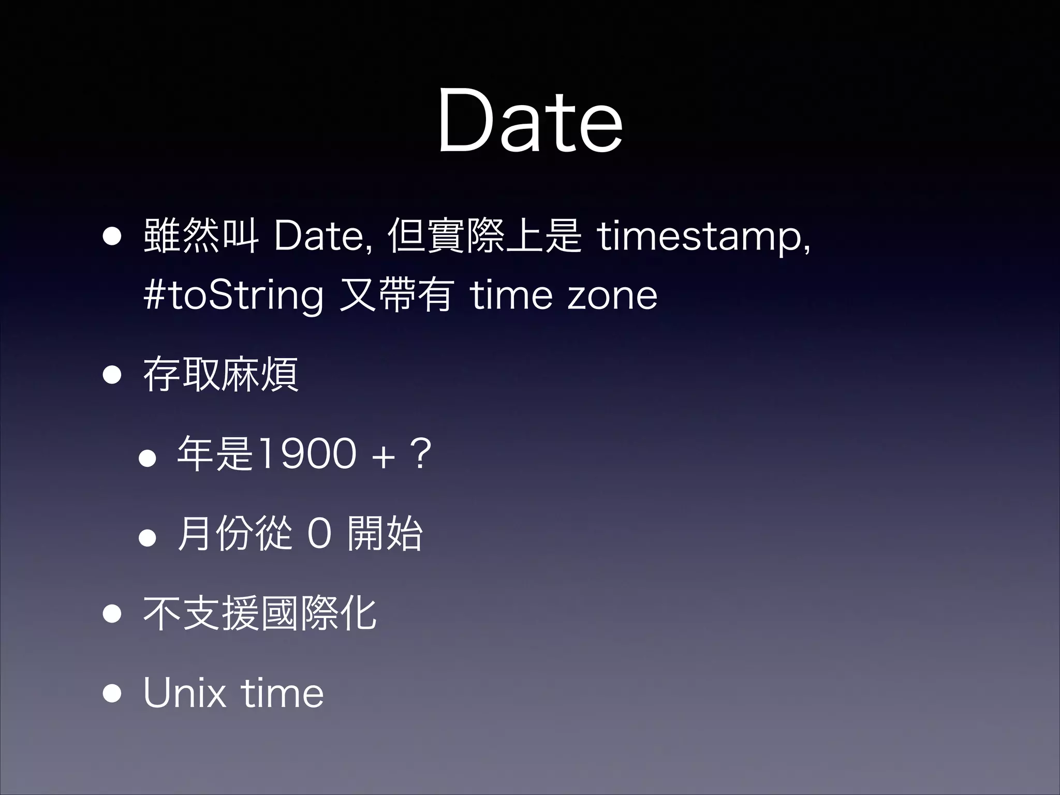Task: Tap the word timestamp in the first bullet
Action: [703, 237]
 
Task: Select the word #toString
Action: [233, 296]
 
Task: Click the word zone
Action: [612, 296]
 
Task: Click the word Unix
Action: [184, 693]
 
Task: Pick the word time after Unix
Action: [282, 693]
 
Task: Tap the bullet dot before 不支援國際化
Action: [112, 614]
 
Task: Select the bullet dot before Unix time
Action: [112, 694]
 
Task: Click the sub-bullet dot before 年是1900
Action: [148, 458]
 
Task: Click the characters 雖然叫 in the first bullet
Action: [201, 236]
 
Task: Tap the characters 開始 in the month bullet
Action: [385, 533]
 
